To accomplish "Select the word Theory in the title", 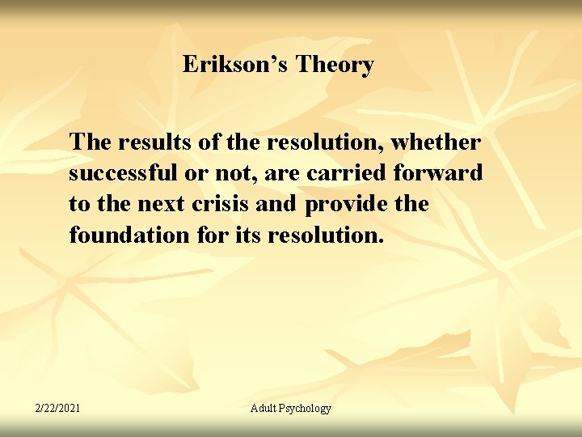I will [x=335, y=65].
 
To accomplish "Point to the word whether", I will [x=436, y=142].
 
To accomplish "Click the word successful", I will [x=119, y=173].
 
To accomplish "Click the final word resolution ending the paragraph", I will [x=318, y=235].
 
